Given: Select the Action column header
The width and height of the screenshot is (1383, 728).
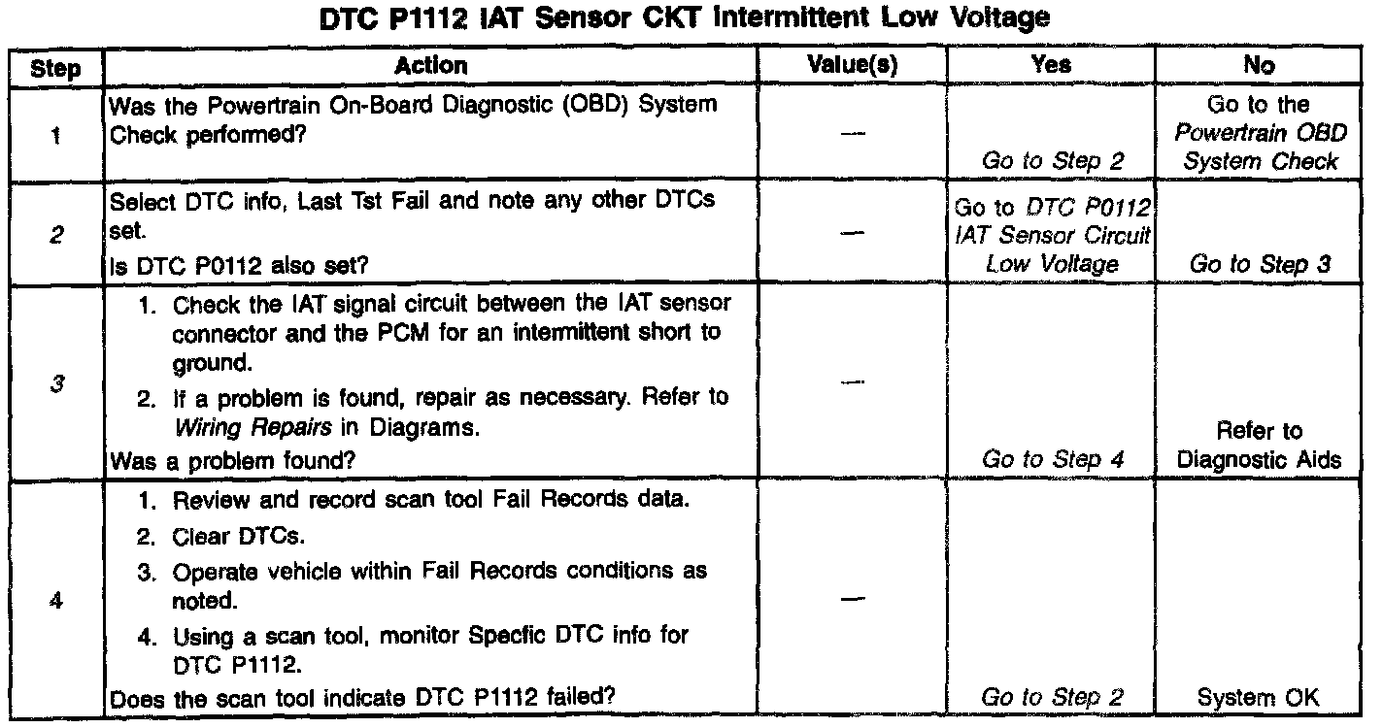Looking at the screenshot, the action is [x=431, y=66].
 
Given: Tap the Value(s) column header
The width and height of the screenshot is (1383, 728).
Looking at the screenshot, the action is [x=853, y=66].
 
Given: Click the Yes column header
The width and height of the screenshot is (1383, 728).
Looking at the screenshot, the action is [x=1052, y=66].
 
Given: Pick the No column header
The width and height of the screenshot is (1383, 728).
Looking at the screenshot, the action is [x=1258, y=66].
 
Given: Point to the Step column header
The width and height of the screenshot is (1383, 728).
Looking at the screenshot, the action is [x=55, y=68].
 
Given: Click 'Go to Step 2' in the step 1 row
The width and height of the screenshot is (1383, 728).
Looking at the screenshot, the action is [x=1053, y=161].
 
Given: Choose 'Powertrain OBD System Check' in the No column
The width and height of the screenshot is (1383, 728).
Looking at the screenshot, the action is [x=1259, y=147].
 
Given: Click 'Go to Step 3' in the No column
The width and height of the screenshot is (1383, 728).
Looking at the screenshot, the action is [x=1259, y=265].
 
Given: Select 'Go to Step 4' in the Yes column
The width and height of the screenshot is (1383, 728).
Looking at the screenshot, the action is [x=1053, y=459].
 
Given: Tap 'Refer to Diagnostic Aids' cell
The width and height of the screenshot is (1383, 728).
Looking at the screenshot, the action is [x=1259, y=445].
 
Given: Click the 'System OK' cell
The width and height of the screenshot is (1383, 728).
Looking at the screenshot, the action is [x=1259, y=697].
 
